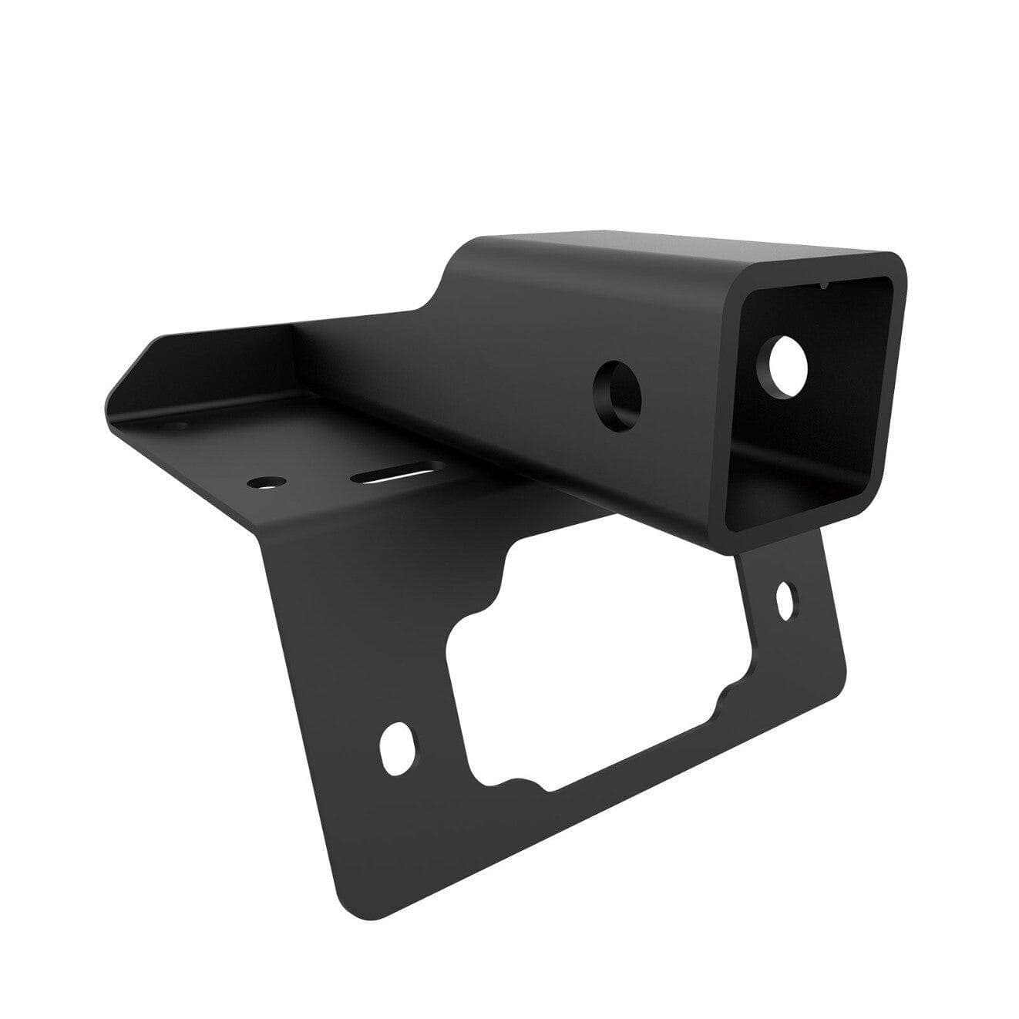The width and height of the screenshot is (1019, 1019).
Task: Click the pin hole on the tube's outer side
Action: [617, 388]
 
